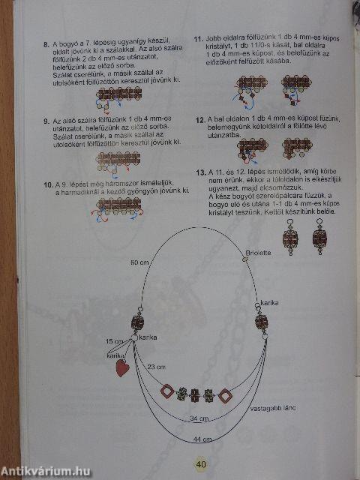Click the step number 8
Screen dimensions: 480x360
click(x=46, y=44)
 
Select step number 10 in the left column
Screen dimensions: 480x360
click(x=47, y=184)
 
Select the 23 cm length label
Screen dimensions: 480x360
click(x=156, y=367)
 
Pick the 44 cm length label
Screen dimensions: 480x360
click(x=200, y=437)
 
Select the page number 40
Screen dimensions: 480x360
click(x=201, y=463)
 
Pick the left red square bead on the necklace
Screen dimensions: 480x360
click(x=167, y=391)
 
